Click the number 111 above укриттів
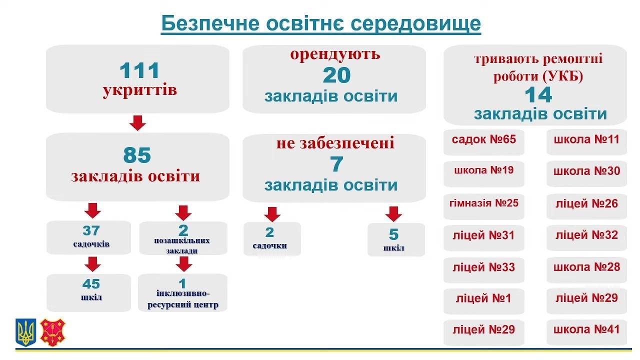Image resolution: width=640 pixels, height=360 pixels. pyautogui.click(x=139, y=70)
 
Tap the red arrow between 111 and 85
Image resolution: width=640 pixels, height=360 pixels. pyautogui.click(x=137, y=123)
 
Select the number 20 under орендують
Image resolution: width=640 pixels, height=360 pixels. pyautogui.click(x=336, y=75)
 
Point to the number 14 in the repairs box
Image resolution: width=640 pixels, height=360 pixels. pyautogui.click(x=538, y=95)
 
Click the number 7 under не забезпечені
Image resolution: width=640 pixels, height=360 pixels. pyautogui.click(x=337, y=164)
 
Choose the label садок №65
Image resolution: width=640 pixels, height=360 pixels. pyautogui.click(x=484, y=139)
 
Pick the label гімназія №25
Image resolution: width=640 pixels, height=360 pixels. pyautogui.click(x=484, y=203)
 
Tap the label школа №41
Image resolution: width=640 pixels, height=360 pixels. pyautogui.click(x=586, y=329)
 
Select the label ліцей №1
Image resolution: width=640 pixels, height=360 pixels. pyautogui.click(x=483, y=298)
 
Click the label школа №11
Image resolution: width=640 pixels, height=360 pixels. pyautogui.click(x=586, y=139)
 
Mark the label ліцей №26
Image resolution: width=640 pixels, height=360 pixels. pyautogui.click(x=586, y=203)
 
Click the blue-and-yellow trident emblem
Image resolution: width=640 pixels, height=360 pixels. pyautogui.click(x=25, y=332)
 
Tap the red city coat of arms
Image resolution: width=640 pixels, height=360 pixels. pyautogui.click(x=53, y=332)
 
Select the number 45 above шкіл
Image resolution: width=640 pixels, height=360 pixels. pyautogui.click(x=91, y=284)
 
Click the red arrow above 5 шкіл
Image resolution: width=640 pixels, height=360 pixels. pyautogui.click(x=393, y=214)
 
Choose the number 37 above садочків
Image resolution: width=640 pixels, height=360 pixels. pyautogui.click(x=91, y=230)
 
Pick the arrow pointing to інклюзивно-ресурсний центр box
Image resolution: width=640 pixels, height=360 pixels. pyautogui.click(x=183, y=264)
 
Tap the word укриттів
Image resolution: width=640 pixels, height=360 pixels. pyautogui.click(x=139, y=90)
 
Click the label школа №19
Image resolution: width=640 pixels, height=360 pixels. pyautogui.click(x=484, y=170)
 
